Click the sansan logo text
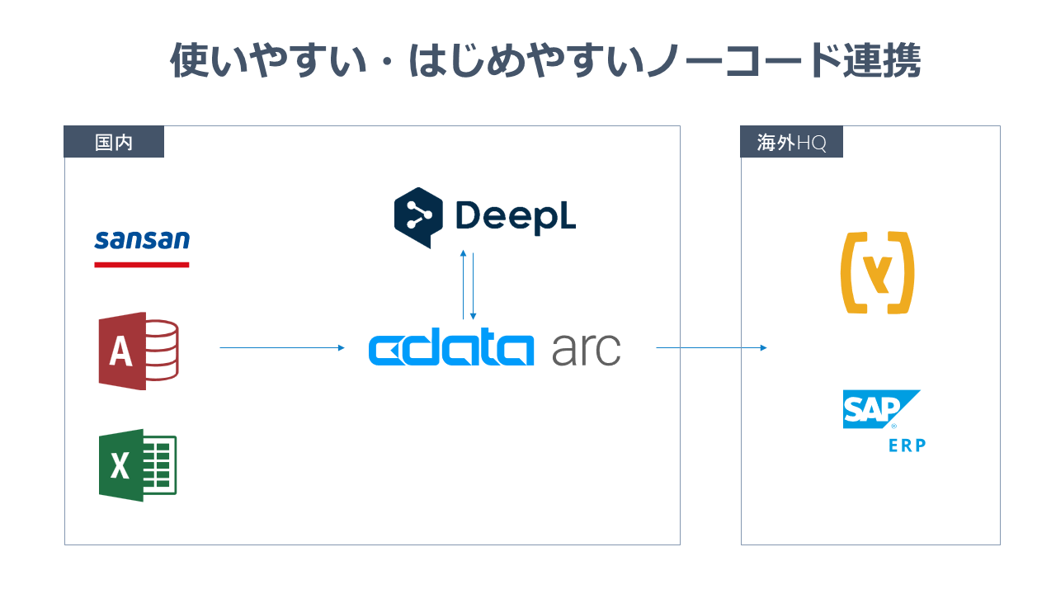click(142, 240)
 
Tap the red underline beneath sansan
click(142, 265)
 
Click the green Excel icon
click(138, 464)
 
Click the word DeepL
click(515, 216)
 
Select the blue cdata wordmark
click(450, 350)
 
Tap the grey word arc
click(586, 351)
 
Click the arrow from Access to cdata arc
click(281, 348)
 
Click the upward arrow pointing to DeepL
click(464, 285)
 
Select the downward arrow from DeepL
click(473, 285)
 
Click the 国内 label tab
click(114, 142)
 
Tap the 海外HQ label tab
click(791, 142)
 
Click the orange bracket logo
click(877, 273)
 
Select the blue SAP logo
click(879, 410)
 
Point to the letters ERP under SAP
click(907, 445)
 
